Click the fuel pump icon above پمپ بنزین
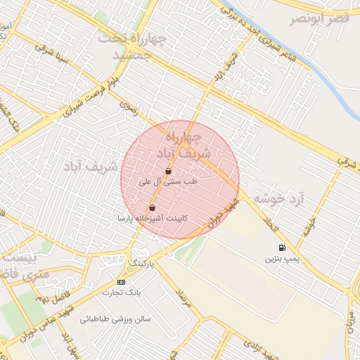(x=282, y=247)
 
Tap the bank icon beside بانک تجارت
(x=121, y=282)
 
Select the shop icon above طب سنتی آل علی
(x=168, y=171)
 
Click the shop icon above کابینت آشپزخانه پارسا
(x=153, y=208)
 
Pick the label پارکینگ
(x=141, y=263)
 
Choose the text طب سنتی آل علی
(x=169, y=181)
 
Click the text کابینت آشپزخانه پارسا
(x=152, y=219)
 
